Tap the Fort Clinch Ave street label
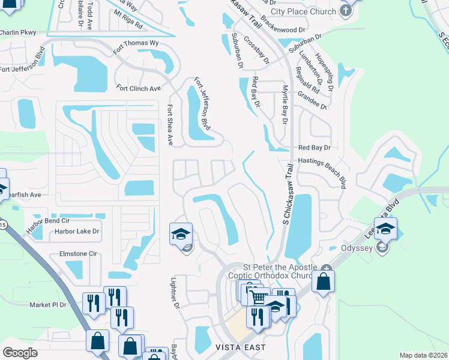tap(139, 88)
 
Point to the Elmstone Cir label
tap(78, 254)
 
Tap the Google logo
tap(20, 352)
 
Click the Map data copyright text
tap(423, 355)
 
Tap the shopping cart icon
tap(258, 296)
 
